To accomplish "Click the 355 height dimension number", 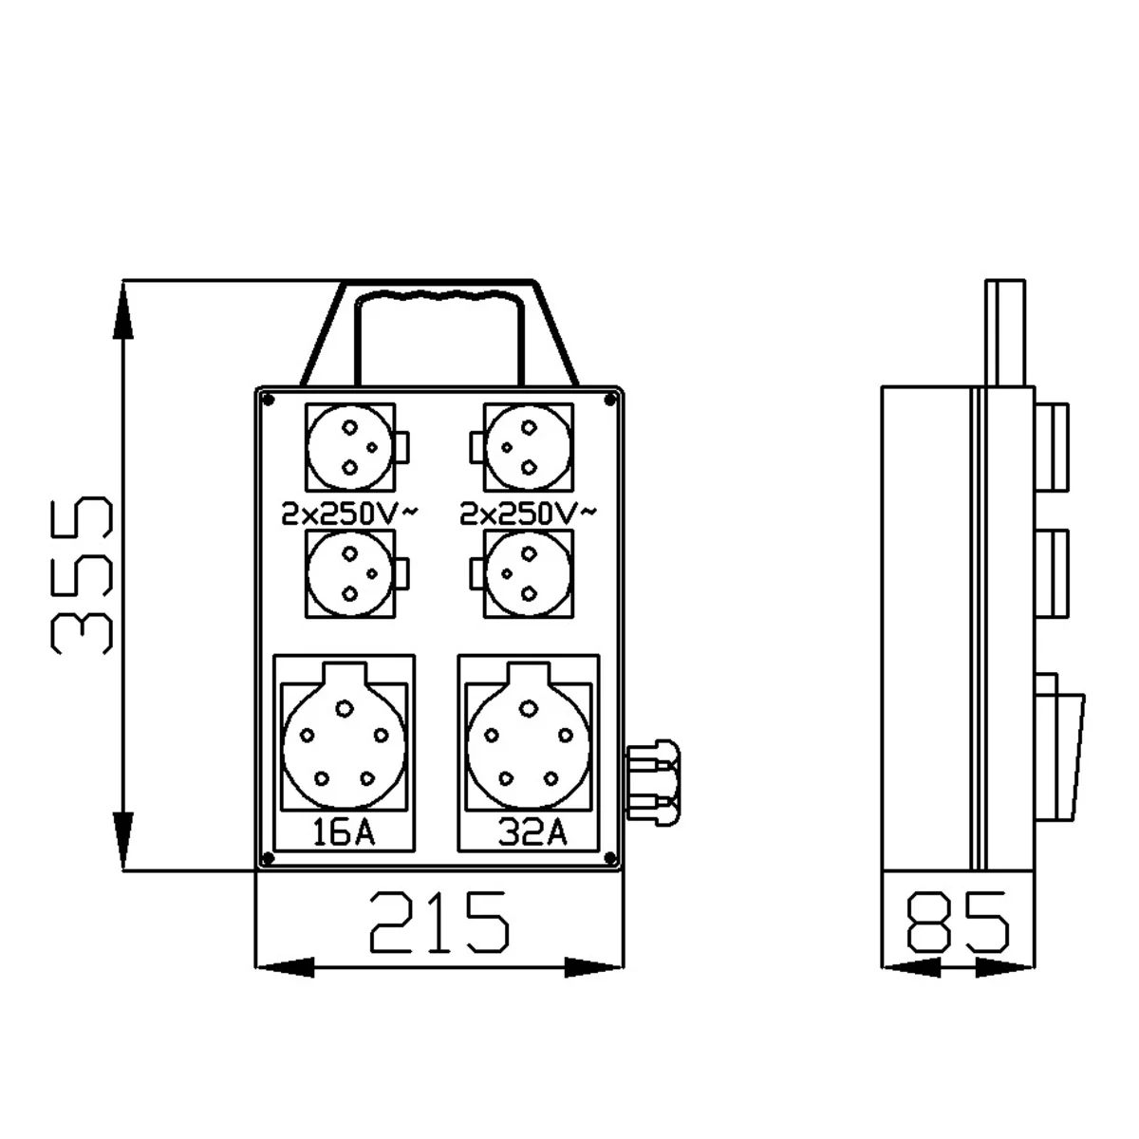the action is coord(82,575).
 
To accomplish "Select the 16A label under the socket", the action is coord(344,832).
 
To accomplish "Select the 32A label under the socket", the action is coord(532,832).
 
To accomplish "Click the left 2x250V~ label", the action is coord(349,513).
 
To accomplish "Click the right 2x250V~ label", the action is coord(528,513).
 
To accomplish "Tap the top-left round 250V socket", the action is coord(350,447).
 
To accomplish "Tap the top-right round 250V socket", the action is coord(529,447).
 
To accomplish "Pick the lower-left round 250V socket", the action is coord(350,574).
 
